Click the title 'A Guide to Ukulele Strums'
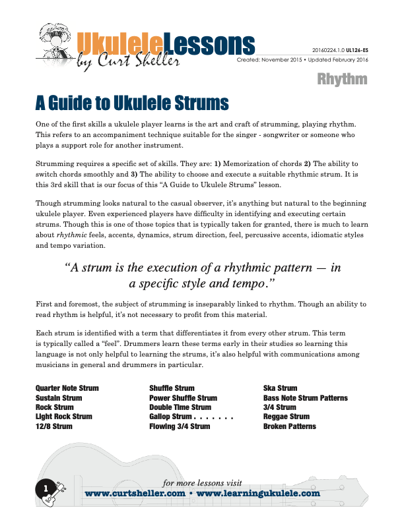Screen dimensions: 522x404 (x=132, y=103)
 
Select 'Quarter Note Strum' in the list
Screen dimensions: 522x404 (x=67, y=388)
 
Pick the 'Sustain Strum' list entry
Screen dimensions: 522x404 (x=59, y=398)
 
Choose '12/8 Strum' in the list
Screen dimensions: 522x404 (x=54, y=426)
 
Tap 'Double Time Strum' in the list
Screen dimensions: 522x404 (x=180, y=407)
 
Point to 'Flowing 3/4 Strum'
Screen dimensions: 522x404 (x=180, y=426)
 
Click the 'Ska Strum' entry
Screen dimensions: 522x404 (x=280, y=388)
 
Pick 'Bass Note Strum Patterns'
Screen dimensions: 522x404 (x=305, y=398)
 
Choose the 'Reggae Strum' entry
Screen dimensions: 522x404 (x=286, y=417)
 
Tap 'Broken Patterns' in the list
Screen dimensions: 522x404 (x=289, y=426)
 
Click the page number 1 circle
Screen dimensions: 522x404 (x=46, y=488)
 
